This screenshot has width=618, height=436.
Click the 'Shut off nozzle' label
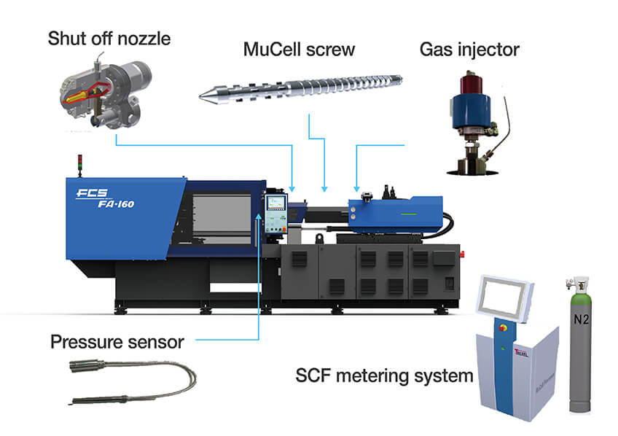coord(109,37)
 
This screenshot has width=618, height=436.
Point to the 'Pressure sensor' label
coord(117,341)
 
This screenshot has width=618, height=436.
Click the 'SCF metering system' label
coord(384,377)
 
